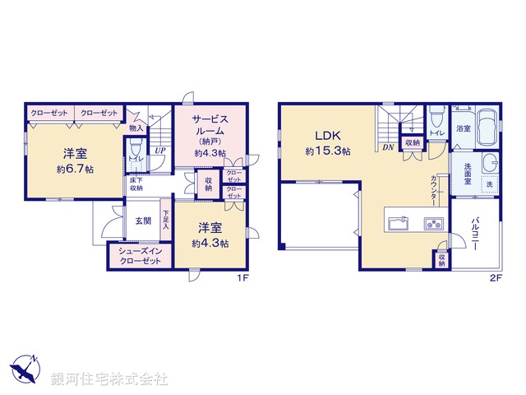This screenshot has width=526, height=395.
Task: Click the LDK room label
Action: (322, 136)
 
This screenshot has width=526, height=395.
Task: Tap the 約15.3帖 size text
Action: (328, 151)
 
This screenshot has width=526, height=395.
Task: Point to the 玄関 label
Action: (143, 221)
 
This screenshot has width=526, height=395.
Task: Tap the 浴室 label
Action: (464, 128)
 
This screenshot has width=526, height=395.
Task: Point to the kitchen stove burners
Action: (433, 222)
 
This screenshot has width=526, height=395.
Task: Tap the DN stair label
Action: (387, 147)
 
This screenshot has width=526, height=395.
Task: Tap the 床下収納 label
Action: (136, 185)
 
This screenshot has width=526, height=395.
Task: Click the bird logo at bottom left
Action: (24, 370)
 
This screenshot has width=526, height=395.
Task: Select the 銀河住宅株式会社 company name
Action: (109, 379)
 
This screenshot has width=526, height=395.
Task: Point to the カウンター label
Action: (432, 191)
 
